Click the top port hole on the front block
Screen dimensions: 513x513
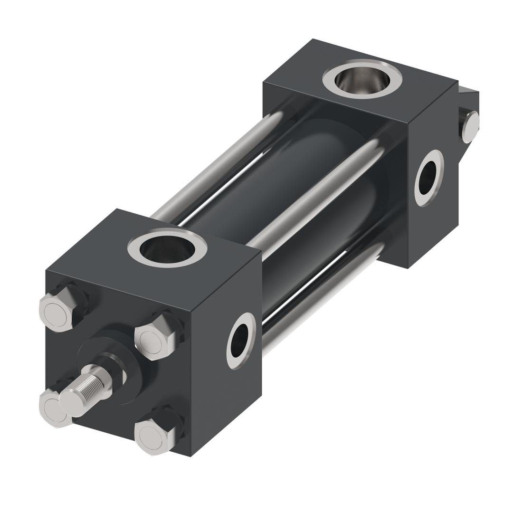click(167, 248)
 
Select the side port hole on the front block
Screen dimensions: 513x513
click(240, 340)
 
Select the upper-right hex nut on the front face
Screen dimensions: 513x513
click(154, 337)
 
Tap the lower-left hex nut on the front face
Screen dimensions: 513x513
click(49, 407)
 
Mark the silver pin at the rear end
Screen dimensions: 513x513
click(470, 126)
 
